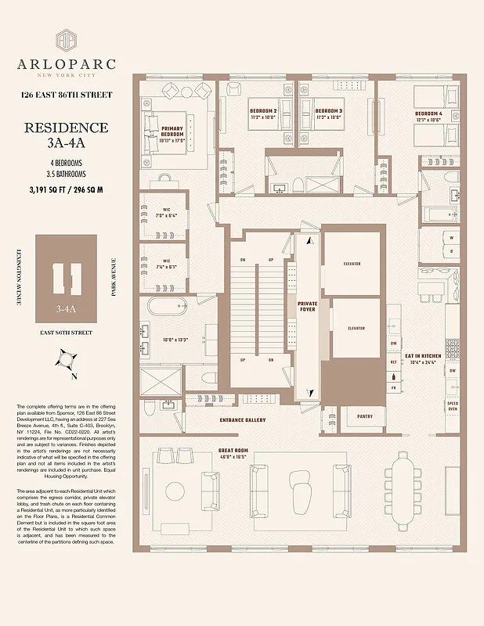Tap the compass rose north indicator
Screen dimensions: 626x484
[66, 361]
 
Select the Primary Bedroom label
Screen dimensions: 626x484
[172, 131]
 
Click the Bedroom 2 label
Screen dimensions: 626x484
[263, 111]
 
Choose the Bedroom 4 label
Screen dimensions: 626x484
[428, 114]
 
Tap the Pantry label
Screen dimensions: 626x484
[353, 416]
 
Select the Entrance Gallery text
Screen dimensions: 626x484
[242, 420]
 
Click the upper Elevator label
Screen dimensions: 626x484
[352, 264]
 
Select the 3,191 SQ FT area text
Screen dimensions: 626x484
[66, 189]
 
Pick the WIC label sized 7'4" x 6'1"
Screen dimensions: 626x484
[166, 264]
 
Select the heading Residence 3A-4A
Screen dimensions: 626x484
[66, 135]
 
